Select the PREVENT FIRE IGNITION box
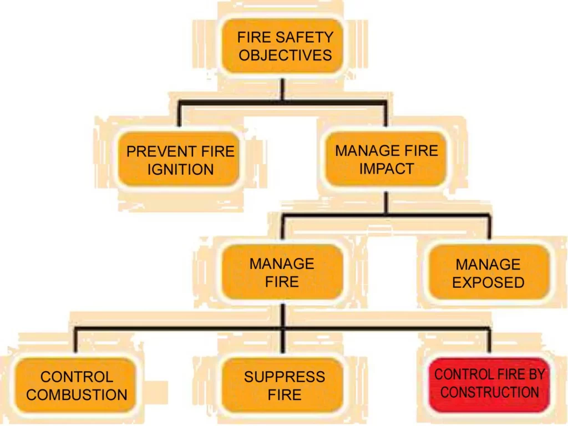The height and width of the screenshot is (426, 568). (180, 160)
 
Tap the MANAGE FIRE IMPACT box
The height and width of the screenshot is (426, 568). (386, 159)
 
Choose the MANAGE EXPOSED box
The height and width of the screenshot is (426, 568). (488, 273)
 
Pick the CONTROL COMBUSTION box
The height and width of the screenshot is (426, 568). (77, 386)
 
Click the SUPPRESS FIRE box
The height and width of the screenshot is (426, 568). (284, 386)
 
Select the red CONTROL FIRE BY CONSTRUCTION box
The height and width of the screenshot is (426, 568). (489, 384)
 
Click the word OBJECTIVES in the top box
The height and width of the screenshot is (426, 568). (285, 55)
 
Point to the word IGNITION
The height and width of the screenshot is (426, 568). (180, 169)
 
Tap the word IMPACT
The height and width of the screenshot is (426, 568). (386, 169)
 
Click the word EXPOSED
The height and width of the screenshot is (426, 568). (488, 282)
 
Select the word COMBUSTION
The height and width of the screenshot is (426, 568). (77, 395)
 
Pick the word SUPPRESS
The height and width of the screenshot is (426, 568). (284, 377)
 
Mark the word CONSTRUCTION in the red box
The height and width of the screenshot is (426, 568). (489, 393)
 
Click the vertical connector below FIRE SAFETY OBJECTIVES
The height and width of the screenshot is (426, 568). (282, 90)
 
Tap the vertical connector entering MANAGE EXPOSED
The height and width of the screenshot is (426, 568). (489, 227)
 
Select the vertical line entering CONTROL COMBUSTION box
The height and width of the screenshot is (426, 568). (75, 341)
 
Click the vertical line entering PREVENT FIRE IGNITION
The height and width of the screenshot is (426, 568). (179, 115)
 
